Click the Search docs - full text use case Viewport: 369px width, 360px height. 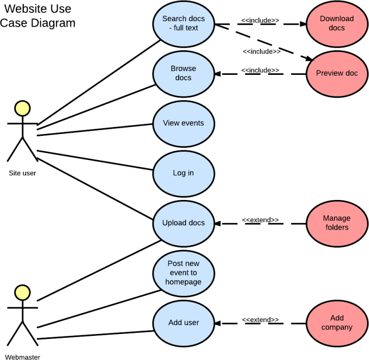pyautogui.click(x=184, y=24)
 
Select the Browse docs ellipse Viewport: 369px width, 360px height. pyautogui.click(x=184, y=73)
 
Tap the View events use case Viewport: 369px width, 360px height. pyautogui.click(x=184, y=123)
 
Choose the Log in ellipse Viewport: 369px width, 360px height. pyautogui.click(x=184, y=173)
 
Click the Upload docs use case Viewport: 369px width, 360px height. pyautogui.click(x=184, y=223)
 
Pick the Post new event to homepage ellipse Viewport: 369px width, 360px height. pyautogui.click(x=184, y=273)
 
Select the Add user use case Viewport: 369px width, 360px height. pyautogui.click(x=184, y=323)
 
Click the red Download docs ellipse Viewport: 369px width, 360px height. pyautogui.click(x=337, y=23)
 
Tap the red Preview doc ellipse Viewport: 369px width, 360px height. pyautogui.click(x=337, y=73)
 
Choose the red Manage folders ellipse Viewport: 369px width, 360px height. pyautogui.click(x=337, y=223)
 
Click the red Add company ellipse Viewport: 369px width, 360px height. pyautogui.click(x=337, y=323)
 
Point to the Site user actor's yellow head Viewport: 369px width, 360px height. pyautogui.click(x=22, y=108)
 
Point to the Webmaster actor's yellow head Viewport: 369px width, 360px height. pyautogui.click(x=22, y=292)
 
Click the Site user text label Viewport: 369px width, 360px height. pyautogui.click(x=23, y=173)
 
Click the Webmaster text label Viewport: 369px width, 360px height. pyautogui.click(x=23, y=357)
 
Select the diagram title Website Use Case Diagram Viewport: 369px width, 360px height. pyautogui.click(x=38, y=16)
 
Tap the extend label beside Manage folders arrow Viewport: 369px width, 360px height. pyautogui.click(x=260, y=220)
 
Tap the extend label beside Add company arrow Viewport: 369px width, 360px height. pyautogui.click(x=260, y=320)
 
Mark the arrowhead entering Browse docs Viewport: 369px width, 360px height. pyautogui.click(x=218, y=74)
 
